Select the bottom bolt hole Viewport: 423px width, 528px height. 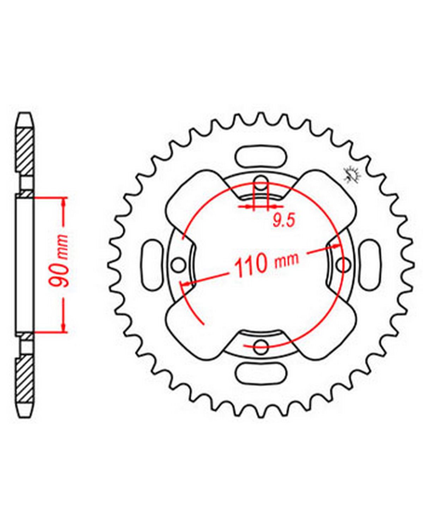261,347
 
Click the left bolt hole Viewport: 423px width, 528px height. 178,265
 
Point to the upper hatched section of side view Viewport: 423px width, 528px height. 25,149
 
